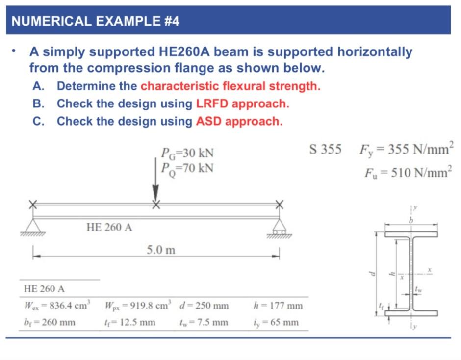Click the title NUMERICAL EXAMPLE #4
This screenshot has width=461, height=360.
click(x=95, y=21)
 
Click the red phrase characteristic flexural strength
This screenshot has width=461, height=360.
click(x=230, y=86)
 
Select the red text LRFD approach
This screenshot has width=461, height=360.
click(x=242, y=104)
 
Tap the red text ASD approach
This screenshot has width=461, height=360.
click(x=239, y=121)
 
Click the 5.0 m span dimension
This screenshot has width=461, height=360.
click(x=161, y=251)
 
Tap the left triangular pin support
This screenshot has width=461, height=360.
click(x=33, y=226)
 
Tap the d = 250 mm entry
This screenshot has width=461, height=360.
click(x=205, y=306)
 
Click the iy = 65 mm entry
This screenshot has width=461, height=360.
click(x=277, y=322)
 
